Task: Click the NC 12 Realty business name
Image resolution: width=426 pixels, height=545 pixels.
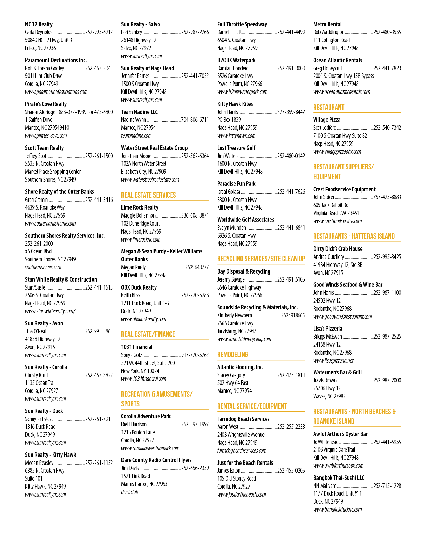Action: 39,24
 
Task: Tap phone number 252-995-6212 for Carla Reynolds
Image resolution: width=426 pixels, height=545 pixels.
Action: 99,32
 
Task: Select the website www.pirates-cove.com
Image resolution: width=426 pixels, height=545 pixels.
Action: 46,136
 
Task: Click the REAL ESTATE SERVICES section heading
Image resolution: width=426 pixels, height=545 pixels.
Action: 148,195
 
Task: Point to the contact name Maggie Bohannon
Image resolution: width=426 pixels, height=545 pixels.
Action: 139,215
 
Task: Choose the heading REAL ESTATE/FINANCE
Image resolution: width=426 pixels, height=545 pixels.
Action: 148,334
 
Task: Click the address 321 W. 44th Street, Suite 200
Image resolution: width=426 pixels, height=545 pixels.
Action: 148,363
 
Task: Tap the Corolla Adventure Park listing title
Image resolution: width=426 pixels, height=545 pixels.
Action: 146,416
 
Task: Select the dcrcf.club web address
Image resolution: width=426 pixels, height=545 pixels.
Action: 129,492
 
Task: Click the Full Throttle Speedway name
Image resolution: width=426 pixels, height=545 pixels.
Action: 242,24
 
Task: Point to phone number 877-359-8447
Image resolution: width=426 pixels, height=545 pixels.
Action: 291,112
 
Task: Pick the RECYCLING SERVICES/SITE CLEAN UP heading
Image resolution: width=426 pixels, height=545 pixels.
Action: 261,259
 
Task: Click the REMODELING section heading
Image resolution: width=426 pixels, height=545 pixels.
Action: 232,354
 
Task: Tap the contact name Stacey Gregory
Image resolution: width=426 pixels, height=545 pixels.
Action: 231,375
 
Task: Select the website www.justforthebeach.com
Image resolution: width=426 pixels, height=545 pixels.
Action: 242,495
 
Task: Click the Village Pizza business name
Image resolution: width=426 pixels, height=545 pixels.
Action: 327,120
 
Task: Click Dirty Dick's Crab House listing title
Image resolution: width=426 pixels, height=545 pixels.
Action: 338,249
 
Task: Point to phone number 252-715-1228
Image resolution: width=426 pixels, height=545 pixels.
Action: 387,486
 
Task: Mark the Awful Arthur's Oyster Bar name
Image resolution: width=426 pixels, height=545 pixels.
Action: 340,434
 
